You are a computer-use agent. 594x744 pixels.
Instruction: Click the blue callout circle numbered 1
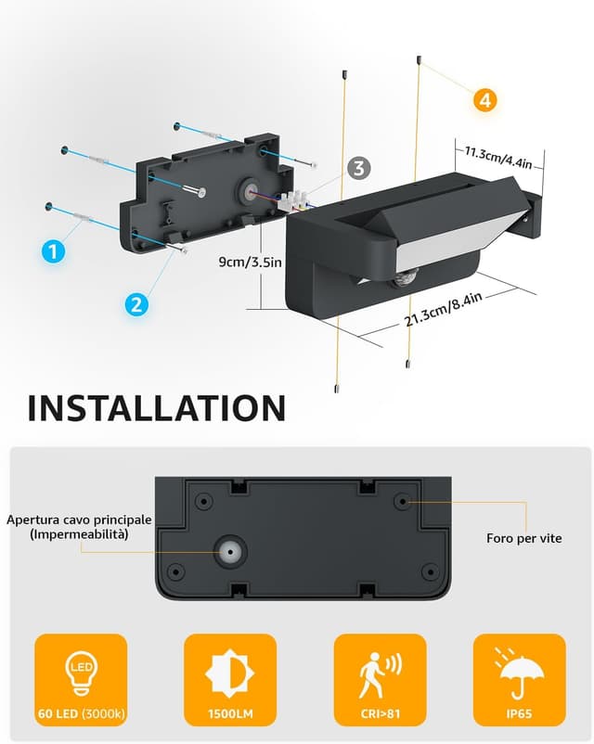[53, 250]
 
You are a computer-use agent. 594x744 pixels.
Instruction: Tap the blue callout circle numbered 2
[136, 304]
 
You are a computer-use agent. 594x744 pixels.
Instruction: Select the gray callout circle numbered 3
[359, 168]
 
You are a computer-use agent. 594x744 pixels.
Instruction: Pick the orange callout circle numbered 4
[484, 100]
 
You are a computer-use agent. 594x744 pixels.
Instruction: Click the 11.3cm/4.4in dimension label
[498, 158]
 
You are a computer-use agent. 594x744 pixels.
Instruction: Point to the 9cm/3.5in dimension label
[251, 262]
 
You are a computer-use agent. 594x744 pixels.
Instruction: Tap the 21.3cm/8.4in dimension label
[444, 309]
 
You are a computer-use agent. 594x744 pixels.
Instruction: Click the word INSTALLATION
[157, 407]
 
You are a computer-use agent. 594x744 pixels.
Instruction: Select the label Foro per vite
[523, 538]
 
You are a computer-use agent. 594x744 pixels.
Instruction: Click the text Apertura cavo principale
[79, 520]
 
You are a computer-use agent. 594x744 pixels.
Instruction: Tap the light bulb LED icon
[81, 672]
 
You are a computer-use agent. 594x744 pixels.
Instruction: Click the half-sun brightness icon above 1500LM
[230, 673]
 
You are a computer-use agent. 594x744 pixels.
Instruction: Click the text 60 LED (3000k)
[81, 713]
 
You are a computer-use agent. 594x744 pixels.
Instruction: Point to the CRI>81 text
[380, 713]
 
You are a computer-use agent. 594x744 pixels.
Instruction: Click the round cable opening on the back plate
[230, 552]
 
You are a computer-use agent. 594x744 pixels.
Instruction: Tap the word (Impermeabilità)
[79, 534]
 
